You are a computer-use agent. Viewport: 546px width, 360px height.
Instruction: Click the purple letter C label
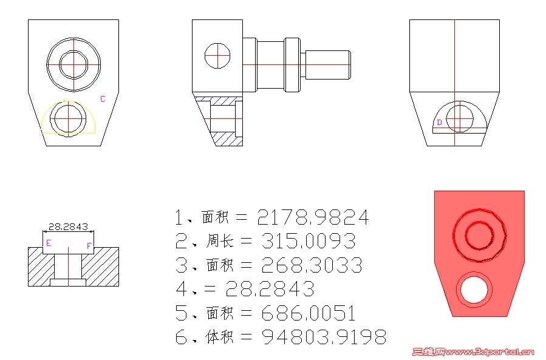pyautogui.click(x=103, y=99)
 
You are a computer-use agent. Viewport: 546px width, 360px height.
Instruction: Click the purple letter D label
pyautogui.click(x=439, y=122)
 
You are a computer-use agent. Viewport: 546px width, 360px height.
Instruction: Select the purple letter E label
pyautogui.click(x=49, y=243)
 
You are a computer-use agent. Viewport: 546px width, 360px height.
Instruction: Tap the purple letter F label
pyautogui.click(x=89, y=246)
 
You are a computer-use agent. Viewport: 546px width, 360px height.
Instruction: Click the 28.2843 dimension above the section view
pyautogui.click(x=68, y=227)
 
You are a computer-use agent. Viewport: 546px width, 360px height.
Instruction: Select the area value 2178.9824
pyautogui.click(x=313, y=217)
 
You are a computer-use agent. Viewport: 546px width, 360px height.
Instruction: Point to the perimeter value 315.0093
pyautogui.click(x=308, y=241)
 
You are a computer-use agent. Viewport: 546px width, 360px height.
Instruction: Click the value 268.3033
pyautogui.click(x=312, y=265)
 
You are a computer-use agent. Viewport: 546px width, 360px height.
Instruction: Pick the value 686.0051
pyautogui.click(x=308, y=313)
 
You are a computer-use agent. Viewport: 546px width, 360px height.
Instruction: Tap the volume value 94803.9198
pyautogui.click(x=324, y=337)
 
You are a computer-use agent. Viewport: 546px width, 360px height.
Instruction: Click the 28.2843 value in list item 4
pyautogui.click(x=270, y=289)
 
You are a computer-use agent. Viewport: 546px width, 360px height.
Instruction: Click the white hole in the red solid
pyautogui.click(x=474, y=289)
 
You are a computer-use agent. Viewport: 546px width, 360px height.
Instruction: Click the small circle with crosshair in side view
pyautogui.click(x=217, y=56)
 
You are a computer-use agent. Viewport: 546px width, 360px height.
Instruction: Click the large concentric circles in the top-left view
pyautogui.click(x=73, y=63)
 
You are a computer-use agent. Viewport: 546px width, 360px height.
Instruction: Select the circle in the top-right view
pyautogui.click(x=459, y=118)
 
